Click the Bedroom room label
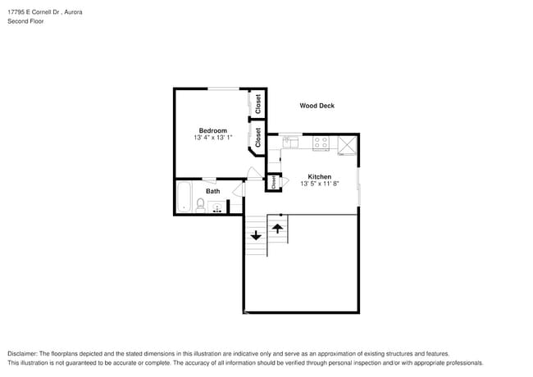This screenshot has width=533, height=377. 212,130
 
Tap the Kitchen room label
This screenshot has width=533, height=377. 319,176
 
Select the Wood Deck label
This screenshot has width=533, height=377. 317,106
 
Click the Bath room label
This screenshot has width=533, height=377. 212,192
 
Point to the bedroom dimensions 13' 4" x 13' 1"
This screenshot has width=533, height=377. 213,139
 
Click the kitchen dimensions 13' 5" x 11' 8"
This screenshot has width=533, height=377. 319,184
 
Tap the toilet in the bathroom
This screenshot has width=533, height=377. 200,203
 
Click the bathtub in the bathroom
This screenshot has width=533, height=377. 184,198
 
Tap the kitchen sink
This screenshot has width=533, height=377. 292,142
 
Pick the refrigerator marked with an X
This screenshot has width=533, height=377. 348,144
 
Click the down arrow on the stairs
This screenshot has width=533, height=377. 256,235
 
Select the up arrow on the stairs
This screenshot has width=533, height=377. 278,228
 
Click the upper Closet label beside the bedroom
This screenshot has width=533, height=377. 257,104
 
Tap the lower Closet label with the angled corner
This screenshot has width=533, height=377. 257,137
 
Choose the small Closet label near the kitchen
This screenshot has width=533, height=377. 273,183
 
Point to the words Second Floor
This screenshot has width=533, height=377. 25,21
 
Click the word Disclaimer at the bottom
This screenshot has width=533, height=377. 25,353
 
